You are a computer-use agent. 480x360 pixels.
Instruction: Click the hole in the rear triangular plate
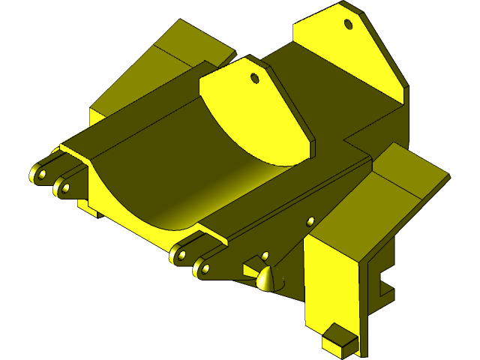(348, 24)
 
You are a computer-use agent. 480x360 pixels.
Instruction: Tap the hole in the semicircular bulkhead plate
(254, 77)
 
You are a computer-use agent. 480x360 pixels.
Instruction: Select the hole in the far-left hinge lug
(42, 175)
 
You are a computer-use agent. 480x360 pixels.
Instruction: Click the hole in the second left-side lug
(66, 187)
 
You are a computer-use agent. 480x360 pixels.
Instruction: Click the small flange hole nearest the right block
(310, 220)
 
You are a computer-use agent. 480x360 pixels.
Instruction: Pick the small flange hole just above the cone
(265, 255)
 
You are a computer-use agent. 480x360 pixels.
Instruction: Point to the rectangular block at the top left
(187, 45)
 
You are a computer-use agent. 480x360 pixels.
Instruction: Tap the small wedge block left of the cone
(250, 267)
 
